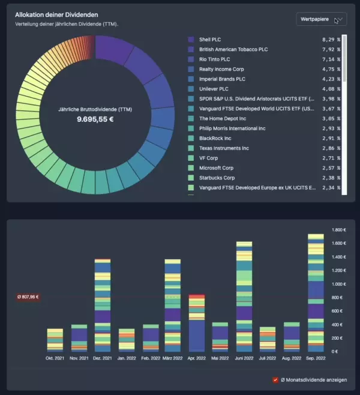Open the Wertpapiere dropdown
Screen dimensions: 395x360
(x=322, y=19)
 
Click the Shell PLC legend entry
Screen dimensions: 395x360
(x=209, y=40)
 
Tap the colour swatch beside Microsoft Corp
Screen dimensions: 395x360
(x=191, y=168)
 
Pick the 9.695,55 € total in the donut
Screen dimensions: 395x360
(x=95, y=119)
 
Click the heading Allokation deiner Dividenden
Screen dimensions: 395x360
(x=56, y=14)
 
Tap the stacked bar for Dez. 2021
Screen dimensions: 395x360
(x=103, y=306)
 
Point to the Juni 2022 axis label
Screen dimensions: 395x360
(x=244, y=358)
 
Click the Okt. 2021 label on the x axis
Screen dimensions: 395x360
(x=55, y=358)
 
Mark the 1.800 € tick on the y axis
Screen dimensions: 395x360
(x=340, y=230)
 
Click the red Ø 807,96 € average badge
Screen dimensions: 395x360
(x=28, y=296)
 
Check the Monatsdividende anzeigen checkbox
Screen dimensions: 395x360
(x=275, y=380)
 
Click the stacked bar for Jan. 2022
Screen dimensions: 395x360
(x=127, y=340)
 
